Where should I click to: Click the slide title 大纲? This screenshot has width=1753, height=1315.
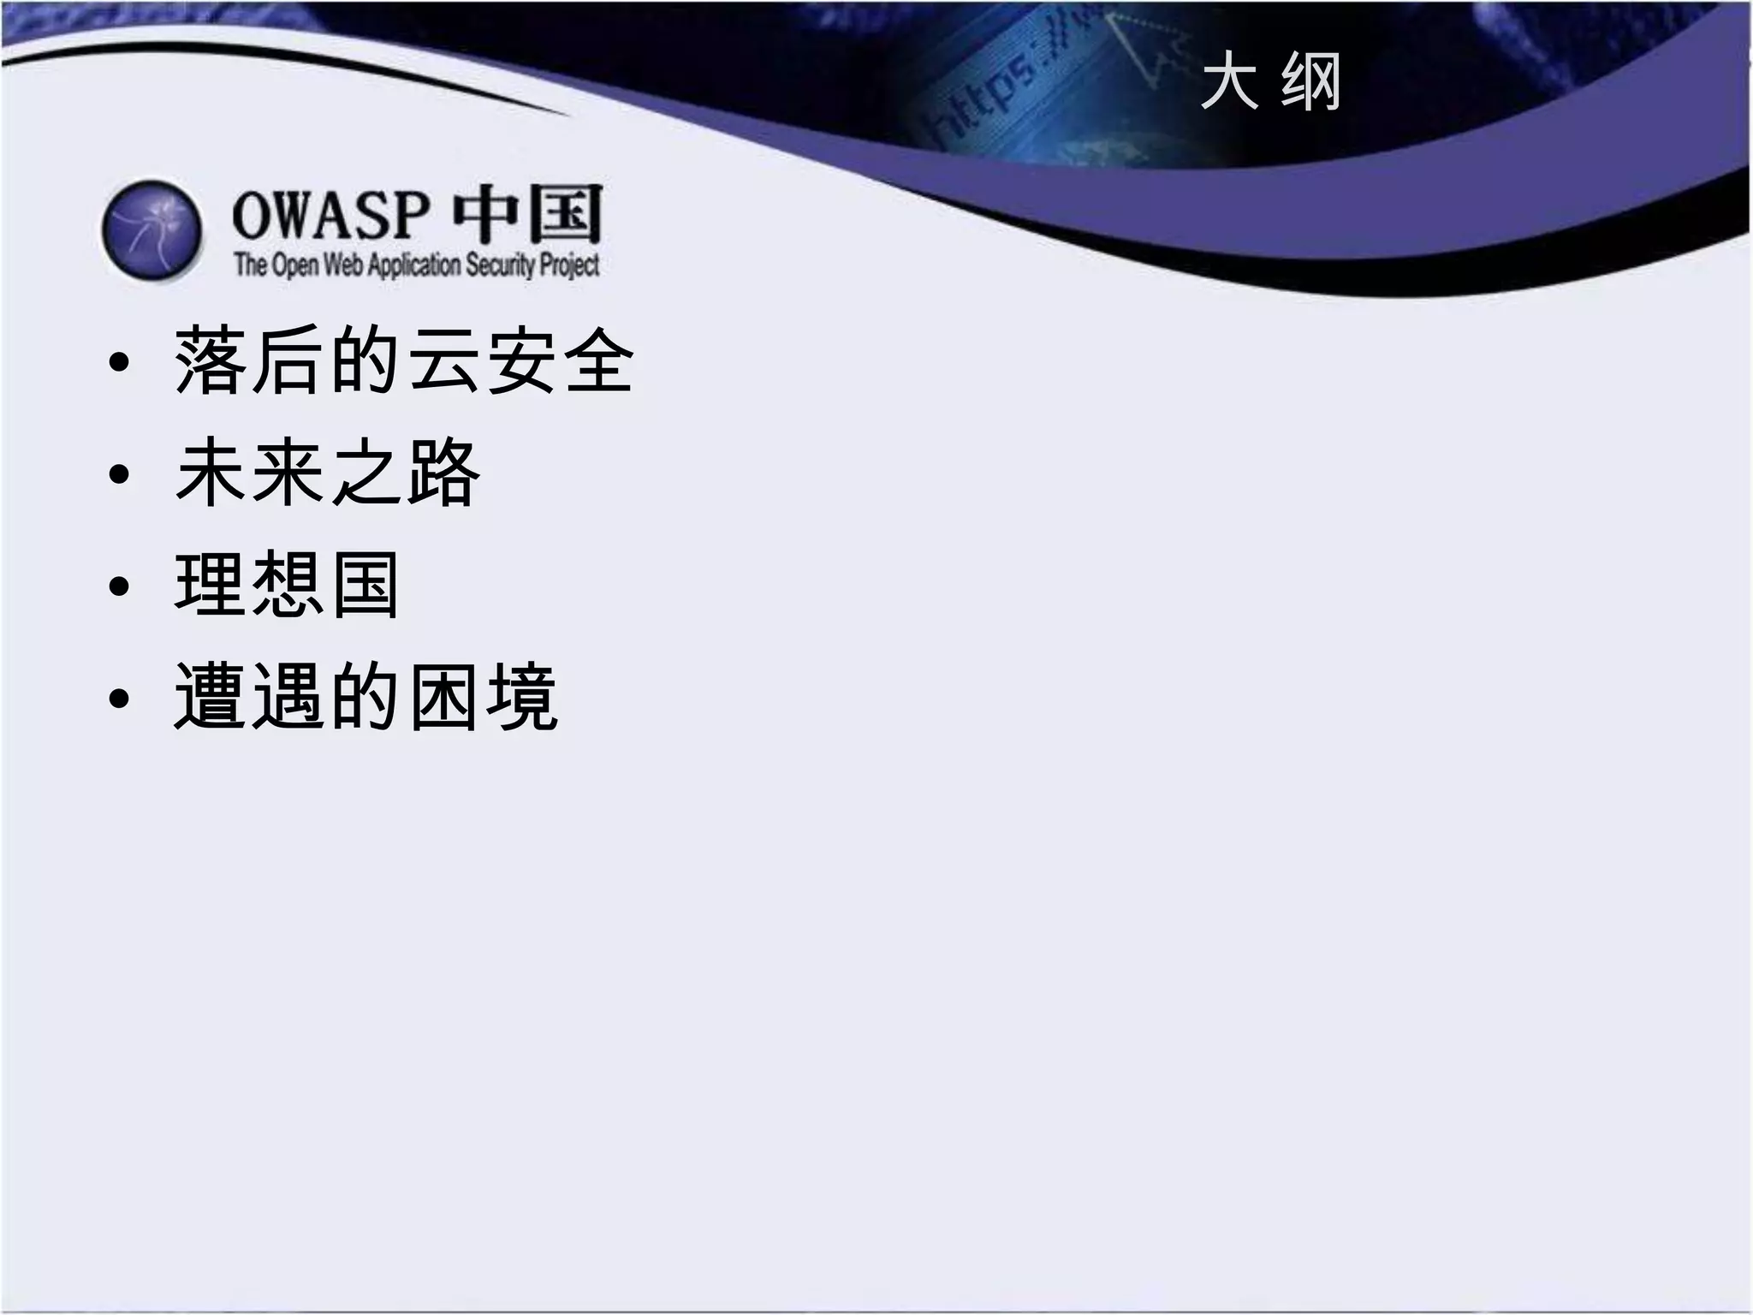tap(1270, 82)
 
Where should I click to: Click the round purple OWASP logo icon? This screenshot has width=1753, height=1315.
tap(152, 230)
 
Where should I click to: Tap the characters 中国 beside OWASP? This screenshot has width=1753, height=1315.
tap(527, 214)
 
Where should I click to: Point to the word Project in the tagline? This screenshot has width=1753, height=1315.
tap(569, 265)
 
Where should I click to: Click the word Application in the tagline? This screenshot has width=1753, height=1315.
tap(414, 265)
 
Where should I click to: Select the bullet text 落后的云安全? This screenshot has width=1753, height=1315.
tap(404, 361)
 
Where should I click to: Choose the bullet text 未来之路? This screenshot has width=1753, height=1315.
tap(327, 473)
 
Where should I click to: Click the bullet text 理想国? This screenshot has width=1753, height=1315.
tap(288, 586)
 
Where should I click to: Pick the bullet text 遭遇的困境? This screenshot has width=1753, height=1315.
tap(366, 698)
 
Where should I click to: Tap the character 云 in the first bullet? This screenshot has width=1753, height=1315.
tap(443, 361)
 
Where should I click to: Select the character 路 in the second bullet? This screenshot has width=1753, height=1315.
tap(443, 473)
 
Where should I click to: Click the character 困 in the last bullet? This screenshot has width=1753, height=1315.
tap(443, 698)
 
